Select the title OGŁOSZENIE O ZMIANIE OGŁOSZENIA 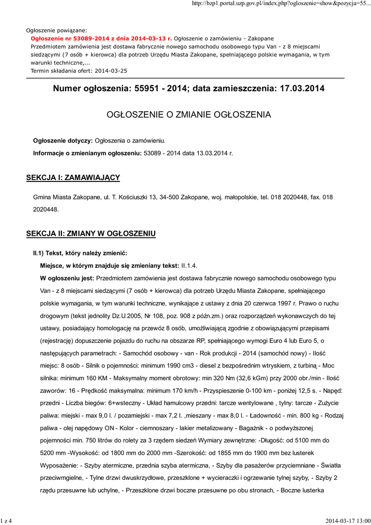[189, 114]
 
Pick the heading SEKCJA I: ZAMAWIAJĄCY [73, 177]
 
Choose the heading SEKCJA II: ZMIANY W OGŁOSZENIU [91, 234]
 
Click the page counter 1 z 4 [7, 521]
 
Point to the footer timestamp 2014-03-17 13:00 [346, 521]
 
